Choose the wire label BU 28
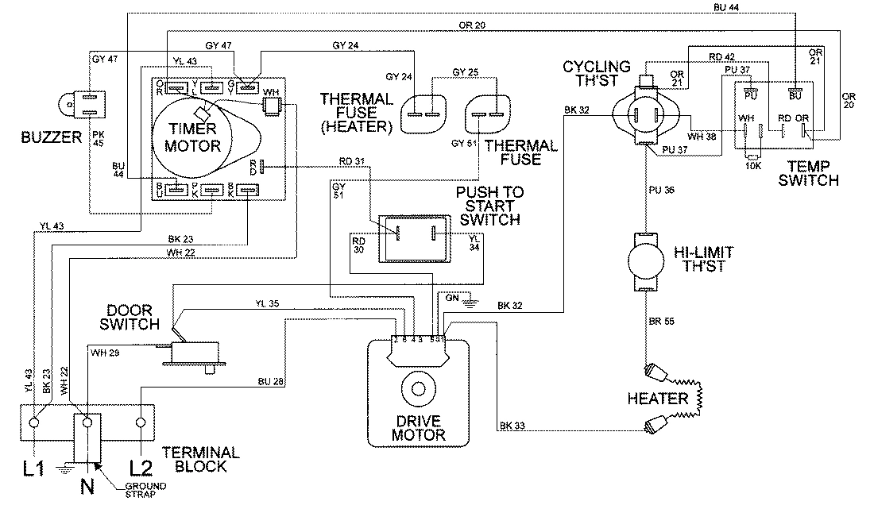(270, 383)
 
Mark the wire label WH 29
(106, 351)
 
